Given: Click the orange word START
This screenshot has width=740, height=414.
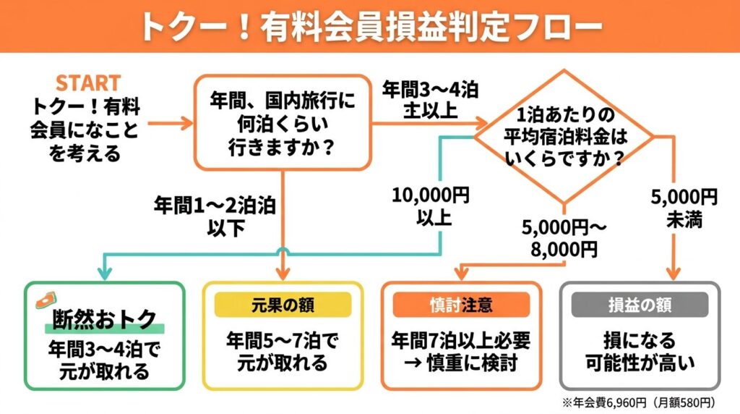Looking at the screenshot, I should (x=87, y=82).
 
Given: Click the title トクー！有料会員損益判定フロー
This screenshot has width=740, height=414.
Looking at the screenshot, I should (x=370, y=26).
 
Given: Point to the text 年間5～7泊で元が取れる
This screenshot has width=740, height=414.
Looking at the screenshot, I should (x=283, y=350).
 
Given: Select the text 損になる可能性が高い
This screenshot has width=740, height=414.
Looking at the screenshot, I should (x=640, y=350).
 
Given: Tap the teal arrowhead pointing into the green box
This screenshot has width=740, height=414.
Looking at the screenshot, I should (x=105, y=273).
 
